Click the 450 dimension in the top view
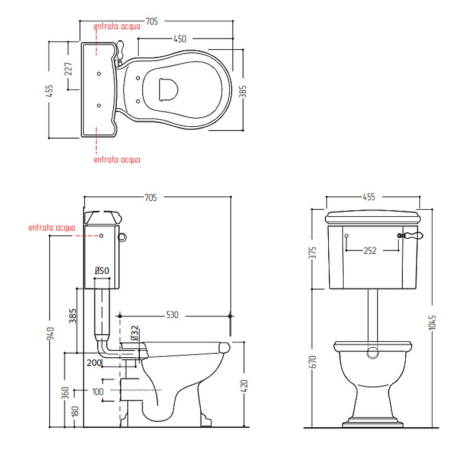coord(180,39)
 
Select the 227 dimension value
coord(68,69)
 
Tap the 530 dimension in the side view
coord(172,315)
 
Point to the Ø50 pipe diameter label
coord(102,270)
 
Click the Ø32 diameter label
coord(135,333)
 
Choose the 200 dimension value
coord(94,363)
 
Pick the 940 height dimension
coord(50,333)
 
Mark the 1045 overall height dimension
coord(432,322)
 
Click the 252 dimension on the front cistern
coord(370,251)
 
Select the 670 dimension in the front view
coord(313,362)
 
